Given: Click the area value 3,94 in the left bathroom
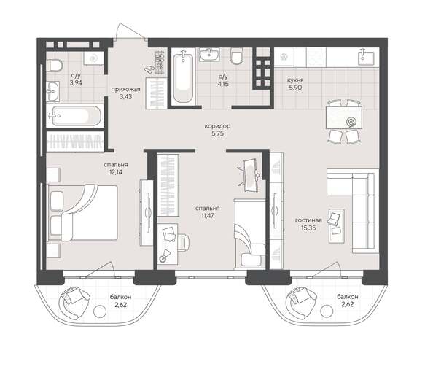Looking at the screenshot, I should [x=76, y=83].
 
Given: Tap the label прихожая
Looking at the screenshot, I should [x=125, y=88].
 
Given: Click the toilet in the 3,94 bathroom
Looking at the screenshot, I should [x=57, y=65].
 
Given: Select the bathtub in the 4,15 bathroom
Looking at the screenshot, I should [x=182, y=77].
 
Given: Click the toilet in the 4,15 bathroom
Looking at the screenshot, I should [x=237, y=57].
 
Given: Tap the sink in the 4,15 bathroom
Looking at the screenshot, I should [x=212, y=53].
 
